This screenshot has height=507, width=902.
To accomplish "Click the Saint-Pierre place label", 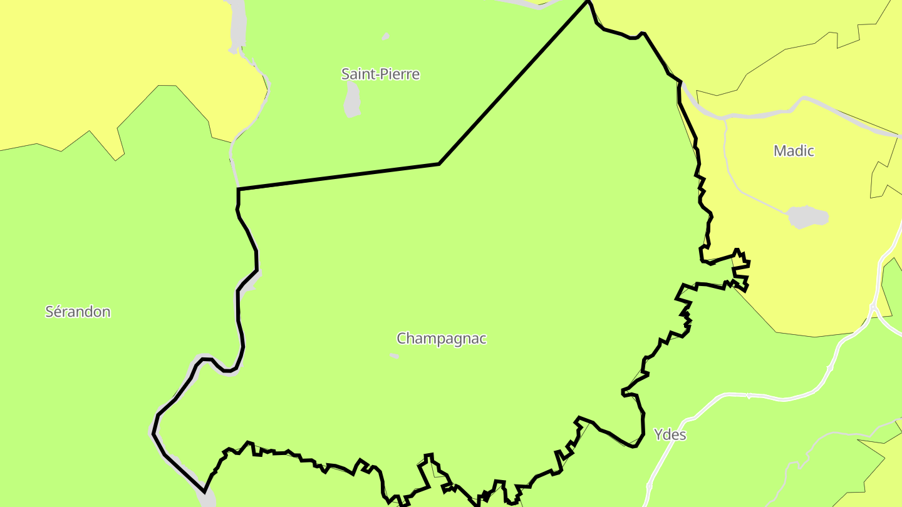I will coord(380,74).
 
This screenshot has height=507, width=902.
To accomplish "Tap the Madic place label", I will coord(794,151).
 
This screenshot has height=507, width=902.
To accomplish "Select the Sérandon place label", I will coord(78,312).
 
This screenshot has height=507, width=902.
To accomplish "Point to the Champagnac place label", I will coord(441,339).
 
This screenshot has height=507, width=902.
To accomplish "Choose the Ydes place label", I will coord(670,434).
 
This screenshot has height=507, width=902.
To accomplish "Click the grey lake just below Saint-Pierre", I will coord(352,100).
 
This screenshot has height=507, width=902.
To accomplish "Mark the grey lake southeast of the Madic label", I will coord(807,217).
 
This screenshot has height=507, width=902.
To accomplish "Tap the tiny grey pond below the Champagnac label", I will coord(394,356).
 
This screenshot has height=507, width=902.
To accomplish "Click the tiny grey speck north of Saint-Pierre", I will coord(385,36).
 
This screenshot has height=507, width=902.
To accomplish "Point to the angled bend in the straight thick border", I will coord(439,164).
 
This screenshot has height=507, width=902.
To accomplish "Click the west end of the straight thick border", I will coord(239,188).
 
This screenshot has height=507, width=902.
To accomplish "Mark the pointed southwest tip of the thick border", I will coord(204,492).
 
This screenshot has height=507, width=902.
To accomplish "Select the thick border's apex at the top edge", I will coord(588,2).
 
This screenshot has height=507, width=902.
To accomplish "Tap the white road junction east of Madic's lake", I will coord(873,307).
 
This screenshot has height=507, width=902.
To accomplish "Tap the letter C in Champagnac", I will coord(402,339).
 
